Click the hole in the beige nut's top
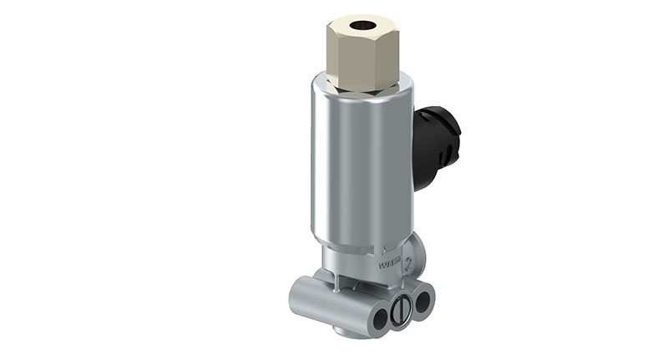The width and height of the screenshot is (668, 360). click(x=363, y=25)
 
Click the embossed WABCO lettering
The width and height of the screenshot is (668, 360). click(x=390, y=268)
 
